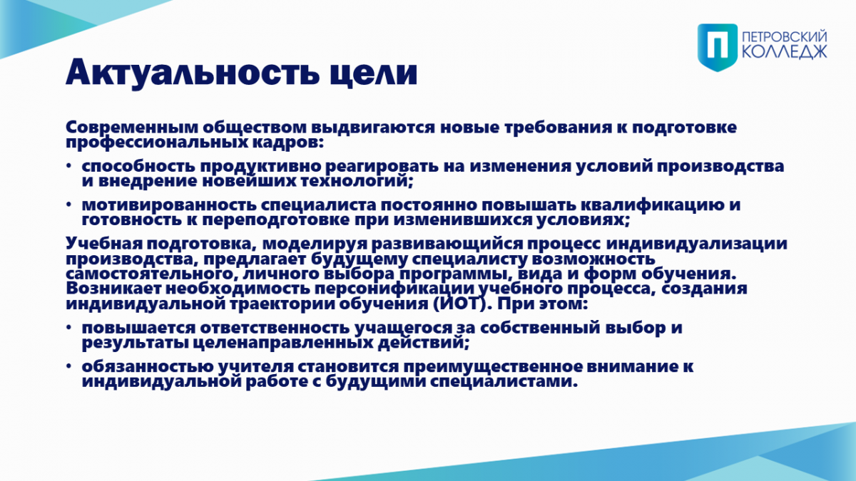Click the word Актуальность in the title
coord(193,73)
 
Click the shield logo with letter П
coord(718,47)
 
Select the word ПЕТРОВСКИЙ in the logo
coord(784,37)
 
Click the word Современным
coord(132,128)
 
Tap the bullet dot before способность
coord(68,166)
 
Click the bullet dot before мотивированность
coord(68,205)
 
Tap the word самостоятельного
coord(151,274)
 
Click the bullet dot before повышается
coord(68,328)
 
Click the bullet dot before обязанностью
coord(68,366)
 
